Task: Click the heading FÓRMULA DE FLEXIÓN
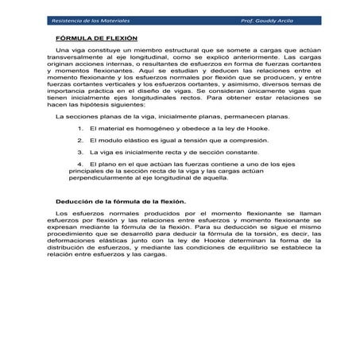[96, 38]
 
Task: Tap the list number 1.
[80, 127]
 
